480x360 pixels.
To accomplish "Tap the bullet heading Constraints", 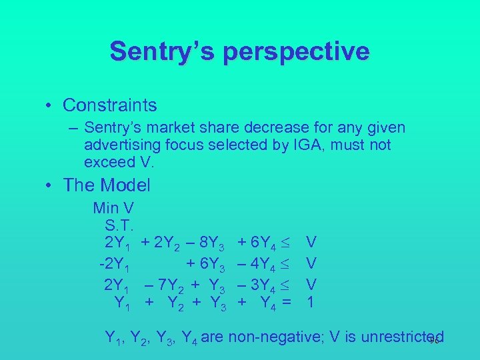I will (x=110, y=105).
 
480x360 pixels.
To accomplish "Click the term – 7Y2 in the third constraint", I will (x=163, y=285).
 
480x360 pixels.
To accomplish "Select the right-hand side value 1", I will (x=310, y=302).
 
